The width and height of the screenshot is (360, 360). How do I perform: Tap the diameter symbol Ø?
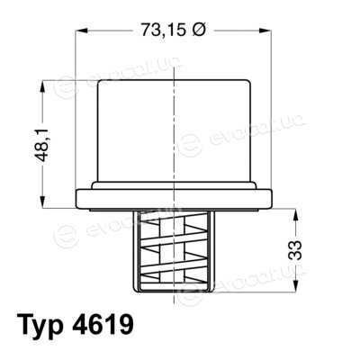coord(198,30)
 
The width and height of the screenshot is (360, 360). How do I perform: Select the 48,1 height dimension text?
coord(43,144)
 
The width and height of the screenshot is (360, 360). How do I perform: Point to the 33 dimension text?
coord(295,250)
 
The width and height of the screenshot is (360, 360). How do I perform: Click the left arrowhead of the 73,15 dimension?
coord(81,31)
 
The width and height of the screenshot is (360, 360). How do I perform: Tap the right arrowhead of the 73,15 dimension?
coord(265,31)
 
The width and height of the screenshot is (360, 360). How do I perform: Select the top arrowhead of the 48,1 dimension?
coord(43,86)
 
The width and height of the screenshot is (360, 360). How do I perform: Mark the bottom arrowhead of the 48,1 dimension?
coord(43,202)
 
